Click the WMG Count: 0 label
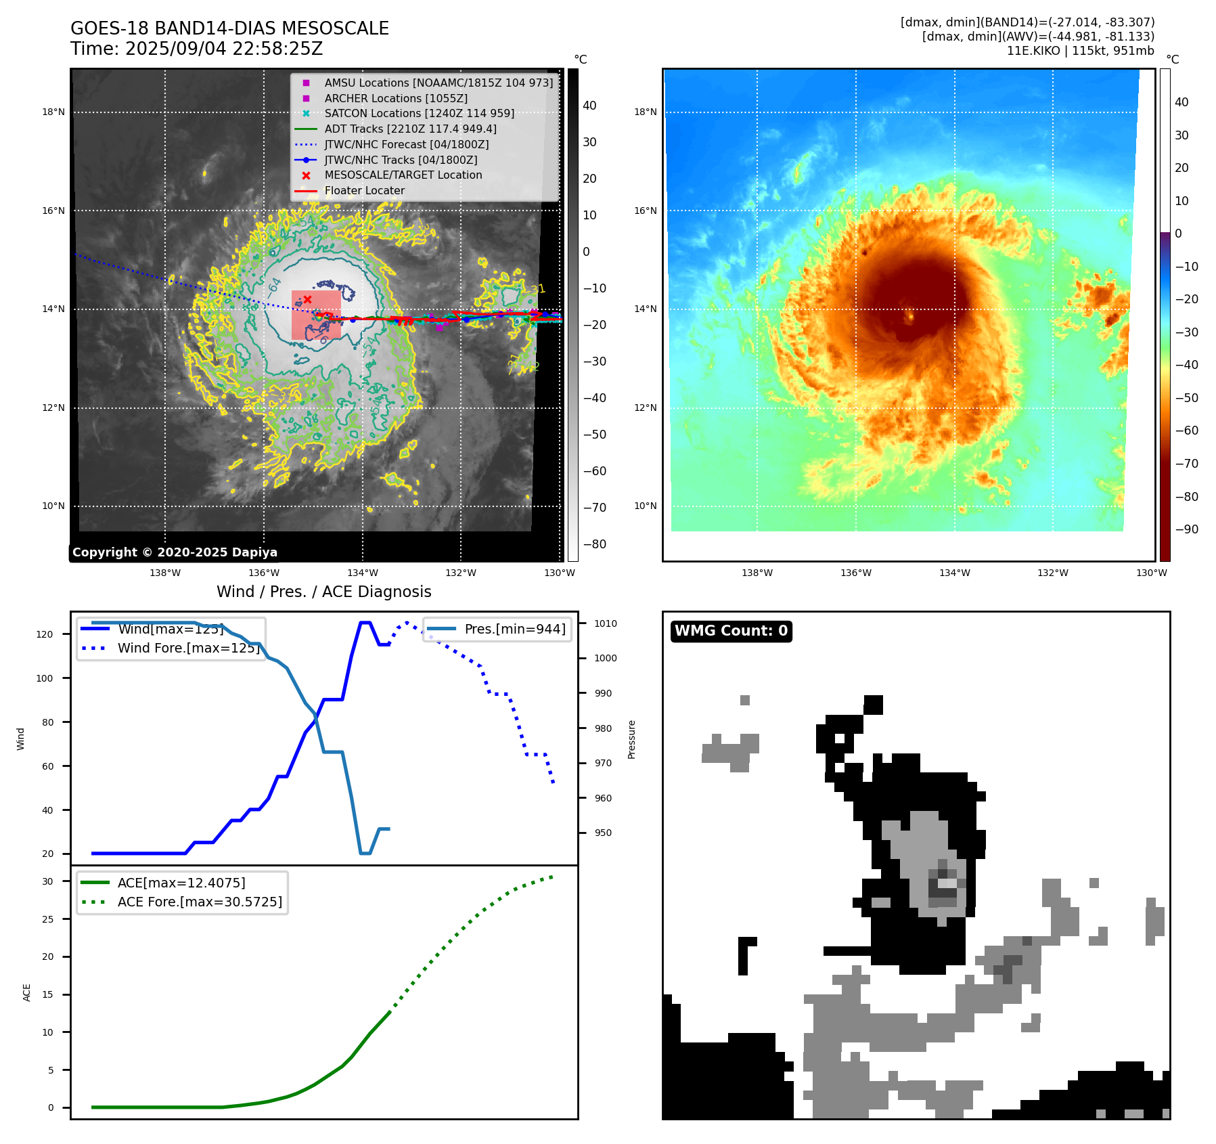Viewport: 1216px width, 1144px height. pos(731,631)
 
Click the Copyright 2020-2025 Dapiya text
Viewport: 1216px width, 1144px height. pos(175,552)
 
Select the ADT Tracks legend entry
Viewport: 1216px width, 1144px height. pos(410,129)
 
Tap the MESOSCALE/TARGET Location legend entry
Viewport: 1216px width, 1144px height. pos(403,175)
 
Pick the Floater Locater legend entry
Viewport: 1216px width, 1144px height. pos(364,191)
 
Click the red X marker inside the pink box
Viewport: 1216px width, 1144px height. pos(307,299)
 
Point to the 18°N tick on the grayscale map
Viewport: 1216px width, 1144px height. pos(53,112)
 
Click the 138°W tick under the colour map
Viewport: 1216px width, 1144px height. pos(757,573)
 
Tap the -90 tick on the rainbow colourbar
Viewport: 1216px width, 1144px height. pos(1186,529)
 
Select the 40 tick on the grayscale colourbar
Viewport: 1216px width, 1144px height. pos(589,106)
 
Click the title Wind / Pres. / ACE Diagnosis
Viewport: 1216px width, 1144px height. pos(323,592)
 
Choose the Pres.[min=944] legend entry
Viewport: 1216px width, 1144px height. pos(514,629)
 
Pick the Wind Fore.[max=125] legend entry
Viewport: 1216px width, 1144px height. pos(188,648)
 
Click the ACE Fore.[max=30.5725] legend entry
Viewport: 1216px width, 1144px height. pos(200,902)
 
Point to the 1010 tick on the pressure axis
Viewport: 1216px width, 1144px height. pos(606,623)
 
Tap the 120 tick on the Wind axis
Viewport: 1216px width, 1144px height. pos(45,634)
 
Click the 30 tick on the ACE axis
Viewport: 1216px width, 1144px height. pos(47,881)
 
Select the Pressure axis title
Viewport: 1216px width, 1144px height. pos(631,739)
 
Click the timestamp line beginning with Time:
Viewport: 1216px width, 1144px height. pos(196,49)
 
